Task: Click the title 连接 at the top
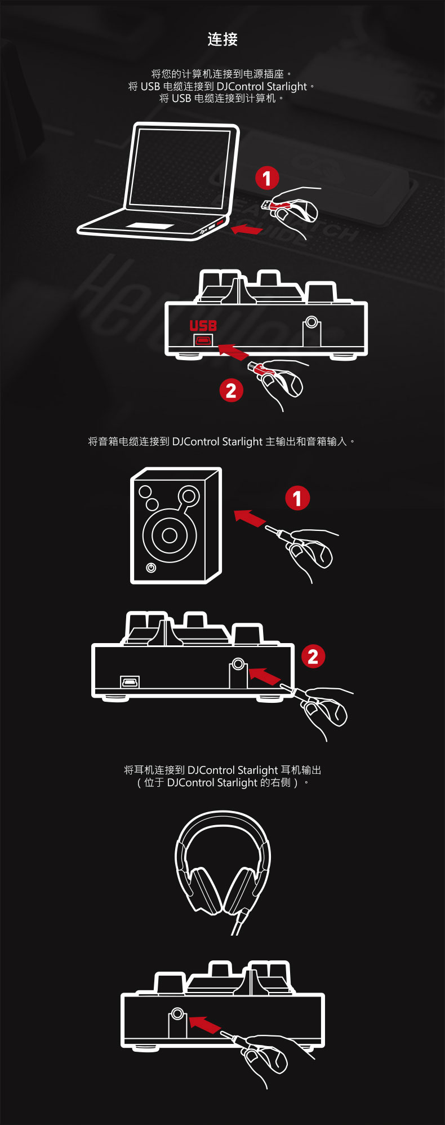pyautogui.click(x=222, y=39)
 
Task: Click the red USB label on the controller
pyautogui.click(x=203, y=326)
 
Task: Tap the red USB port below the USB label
pyautogui.click(x=203, y=340)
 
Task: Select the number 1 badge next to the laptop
pyautogui.click(x=267, y=178)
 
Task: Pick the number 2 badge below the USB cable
pyautogui.click(x=231, y=391)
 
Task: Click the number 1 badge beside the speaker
pyautogui.click(x=297, y=498)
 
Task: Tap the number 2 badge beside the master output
pyautogui.click(x=313, y=657)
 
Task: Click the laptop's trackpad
pyautogui.click(x=150, y=226)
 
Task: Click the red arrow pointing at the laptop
pyautogui.click(x=247, y=229)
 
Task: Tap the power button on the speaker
pyautogui.click(x=151, y=568)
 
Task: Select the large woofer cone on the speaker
pyautogui.click(x=170, y=535)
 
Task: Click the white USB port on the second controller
pyautogui.click(x=130, y=683)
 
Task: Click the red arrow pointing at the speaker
pyautogui.click(x=250, y=518)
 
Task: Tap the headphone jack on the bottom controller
pyautogui.click(x=177, y=1014)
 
